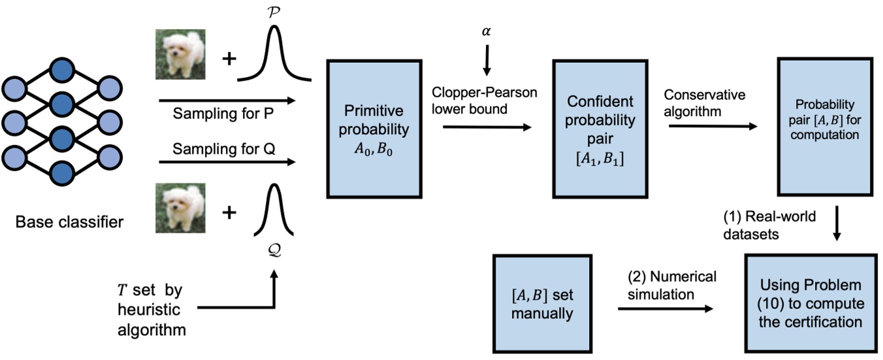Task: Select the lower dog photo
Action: click(x=180, y=208)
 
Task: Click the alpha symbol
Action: click(x=485, y=32)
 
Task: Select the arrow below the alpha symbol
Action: click(x=485, y=63)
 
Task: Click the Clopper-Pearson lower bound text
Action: click(x=485, y=101)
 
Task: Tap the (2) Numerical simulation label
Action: click(x=666, y=285)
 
